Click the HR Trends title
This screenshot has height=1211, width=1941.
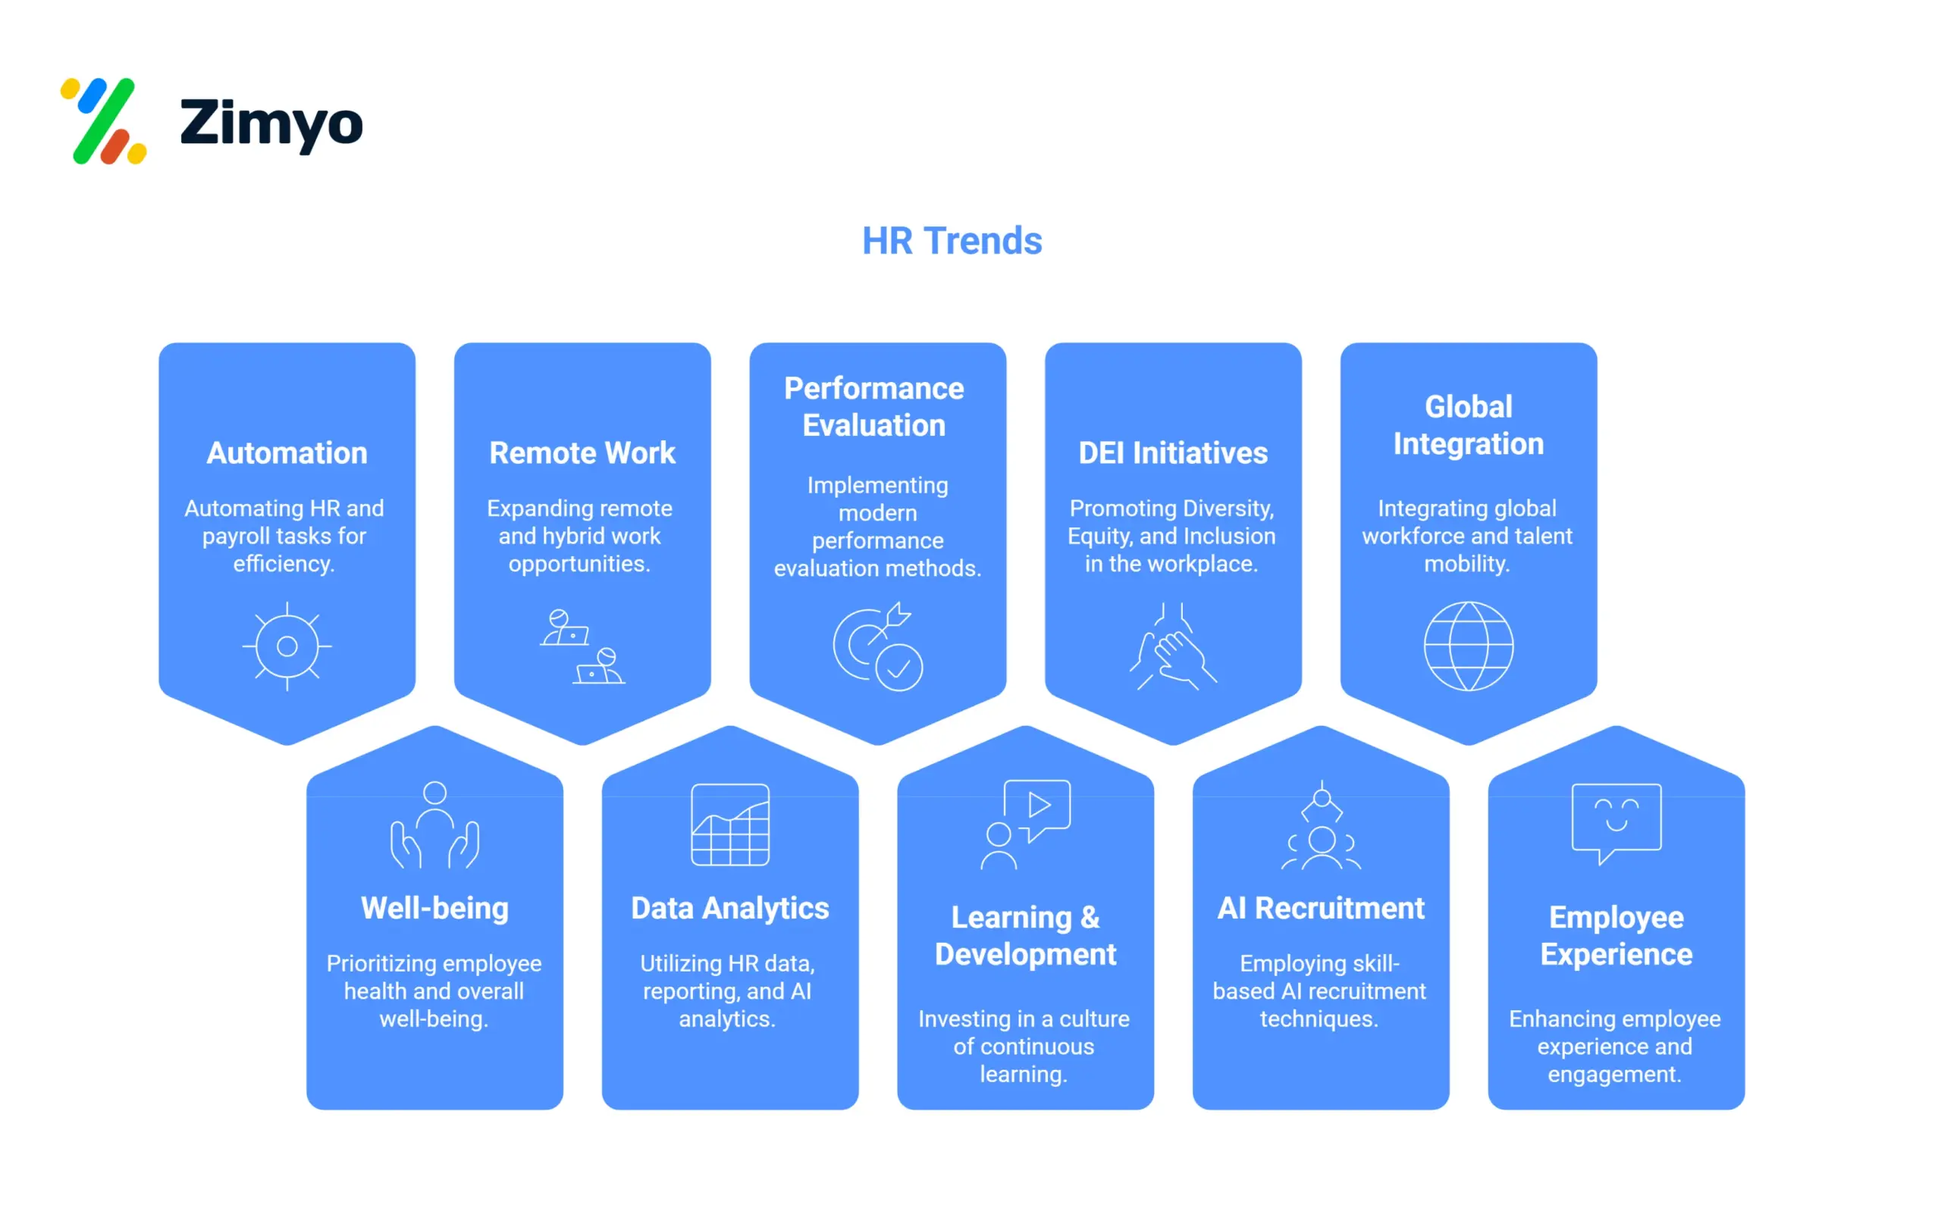point(952,241)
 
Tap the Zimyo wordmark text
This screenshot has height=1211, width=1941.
point(271,124)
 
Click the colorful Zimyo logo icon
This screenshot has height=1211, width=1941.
point(104,121)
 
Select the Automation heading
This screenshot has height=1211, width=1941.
point(287,453)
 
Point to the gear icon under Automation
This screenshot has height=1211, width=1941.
point(287,646)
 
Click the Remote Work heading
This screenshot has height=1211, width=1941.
point(582,453)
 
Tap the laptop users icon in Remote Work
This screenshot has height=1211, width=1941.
point(582,646)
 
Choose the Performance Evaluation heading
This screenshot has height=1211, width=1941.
point(874,407)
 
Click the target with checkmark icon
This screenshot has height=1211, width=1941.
point(878,646)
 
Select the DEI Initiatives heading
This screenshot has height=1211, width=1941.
point(1173,453)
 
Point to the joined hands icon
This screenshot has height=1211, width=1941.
point(1173,646)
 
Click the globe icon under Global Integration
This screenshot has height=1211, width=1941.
point(1469,646)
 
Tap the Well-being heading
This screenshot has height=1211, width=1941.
point(435,908)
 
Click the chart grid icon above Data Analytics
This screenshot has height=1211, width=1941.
point(730,825)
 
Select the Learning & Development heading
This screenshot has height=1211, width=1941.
point(1025,935)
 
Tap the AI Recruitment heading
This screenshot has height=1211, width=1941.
point(1321,908)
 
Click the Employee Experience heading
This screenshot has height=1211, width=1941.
point(1616,935)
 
